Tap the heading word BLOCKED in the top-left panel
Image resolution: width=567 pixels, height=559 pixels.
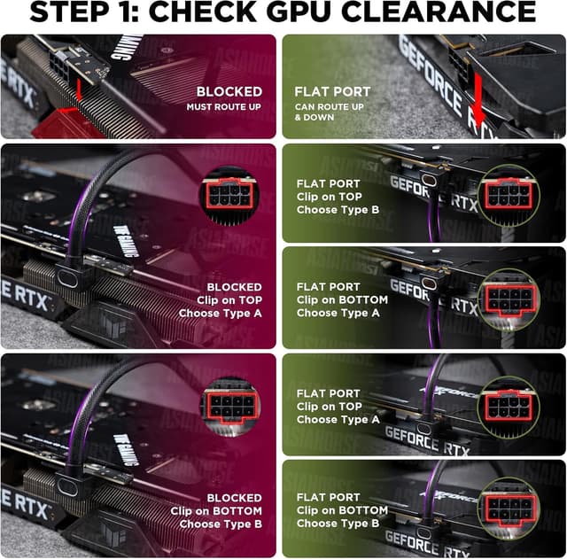coord(229,91)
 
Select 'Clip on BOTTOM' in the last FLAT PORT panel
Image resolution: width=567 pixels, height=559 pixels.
coord(341,510)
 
